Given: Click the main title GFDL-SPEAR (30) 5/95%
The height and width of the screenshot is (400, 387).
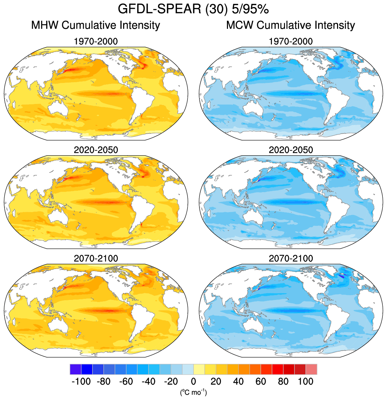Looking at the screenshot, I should [x=193, y=9].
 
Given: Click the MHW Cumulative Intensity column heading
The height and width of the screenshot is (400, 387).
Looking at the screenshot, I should [x=96, y=25].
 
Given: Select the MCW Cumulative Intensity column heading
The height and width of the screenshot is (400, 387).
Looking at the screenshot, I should [x=291, y=25].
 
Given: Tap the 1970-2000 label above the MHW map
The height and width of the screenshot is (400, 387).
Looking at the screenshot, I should [x=96, y=42].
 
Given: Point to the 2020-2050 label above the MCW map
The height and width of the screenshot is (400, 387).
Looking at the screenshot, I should [x=291, y=150].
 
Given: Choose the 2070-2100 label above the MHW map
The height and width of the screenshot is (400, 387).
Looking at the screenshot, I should [x=96, y=258].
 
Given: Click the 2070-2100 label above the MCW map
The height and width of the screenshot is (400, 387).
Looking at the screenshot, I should [x=291, y=258].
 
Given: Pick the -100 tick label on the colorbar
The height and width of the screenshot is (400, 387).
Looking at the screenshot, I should [x=81, y=381].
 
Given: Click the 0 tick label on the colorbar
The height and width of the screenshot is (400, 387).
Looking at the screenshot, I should [x=193, y=381].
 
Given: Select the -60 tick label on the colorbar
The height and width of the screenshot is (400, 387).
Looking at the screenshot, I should [x=126, y=381].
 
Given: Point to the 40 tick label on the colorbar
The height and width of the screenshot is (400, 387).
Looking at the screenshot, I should [x=238, y=381].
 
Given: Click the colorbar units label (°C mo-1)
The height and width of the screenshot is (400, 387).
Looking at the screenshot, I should [x=193, y=392].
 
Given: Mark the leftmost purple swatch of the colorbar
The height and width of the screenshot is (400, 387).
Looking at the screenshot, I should [x=76, y=369].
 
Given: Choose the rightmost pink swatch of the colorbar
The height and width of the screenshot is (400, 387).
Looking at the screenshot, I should [x=311, y=369].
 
